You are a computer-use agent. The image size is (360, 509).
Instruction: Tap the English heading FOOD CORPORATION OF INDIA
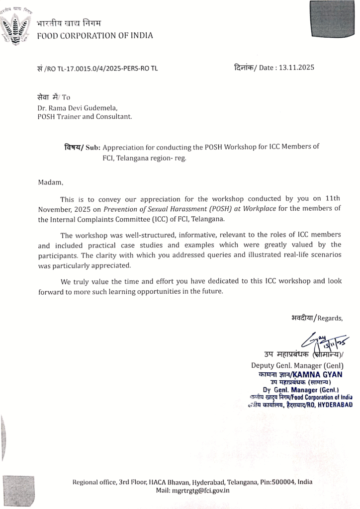click(x=95, y=35)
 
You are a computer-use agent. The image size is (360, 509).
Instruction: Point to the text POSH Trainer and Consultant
click(x=85, y=117)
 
